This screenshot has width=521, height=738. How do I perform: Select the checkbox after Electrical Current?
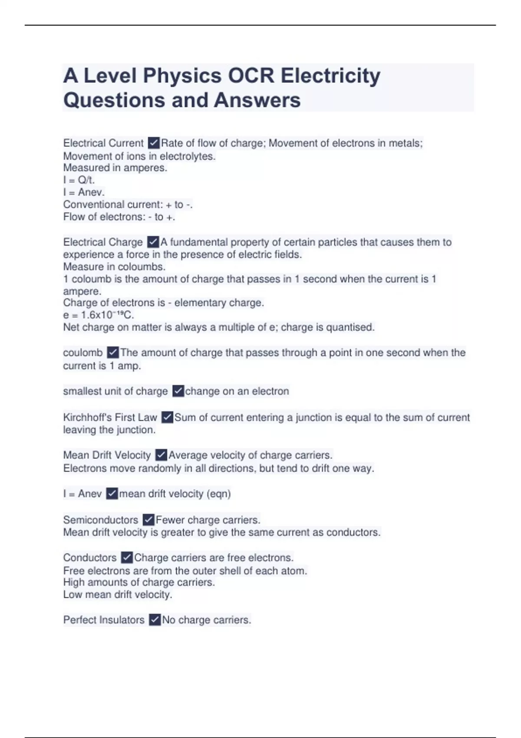[154, 143]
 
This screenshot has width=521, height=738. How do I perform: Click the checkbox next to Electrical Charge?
[153, 242]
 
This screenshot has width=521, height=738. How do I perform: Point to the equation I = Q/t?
[79, 180]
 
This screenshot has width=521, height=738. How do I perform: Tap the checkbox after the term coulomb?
[112, 352]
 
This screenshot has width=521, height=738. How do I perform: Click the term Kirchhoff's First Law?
[110, 418]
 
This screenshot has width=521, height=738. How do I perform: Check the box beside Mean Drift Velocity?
[161, 455]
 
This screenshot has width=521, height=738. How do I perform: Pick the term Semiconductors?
[100, 520]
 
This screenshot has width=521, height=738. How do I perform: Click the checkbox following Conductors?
[127, 557]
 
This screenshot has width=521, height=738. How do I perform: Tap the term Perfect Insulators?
[104, 620]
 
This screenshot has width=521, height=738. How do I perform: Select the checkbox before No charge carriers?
[155, 620]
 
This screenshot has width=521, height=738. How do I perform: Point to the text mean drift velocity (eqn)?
[175, 494]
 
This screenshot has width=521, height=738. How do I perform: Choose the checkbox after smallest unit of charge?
[178, 391]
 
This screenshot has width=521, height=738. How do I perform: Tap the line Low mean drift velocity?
[118, 595]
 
